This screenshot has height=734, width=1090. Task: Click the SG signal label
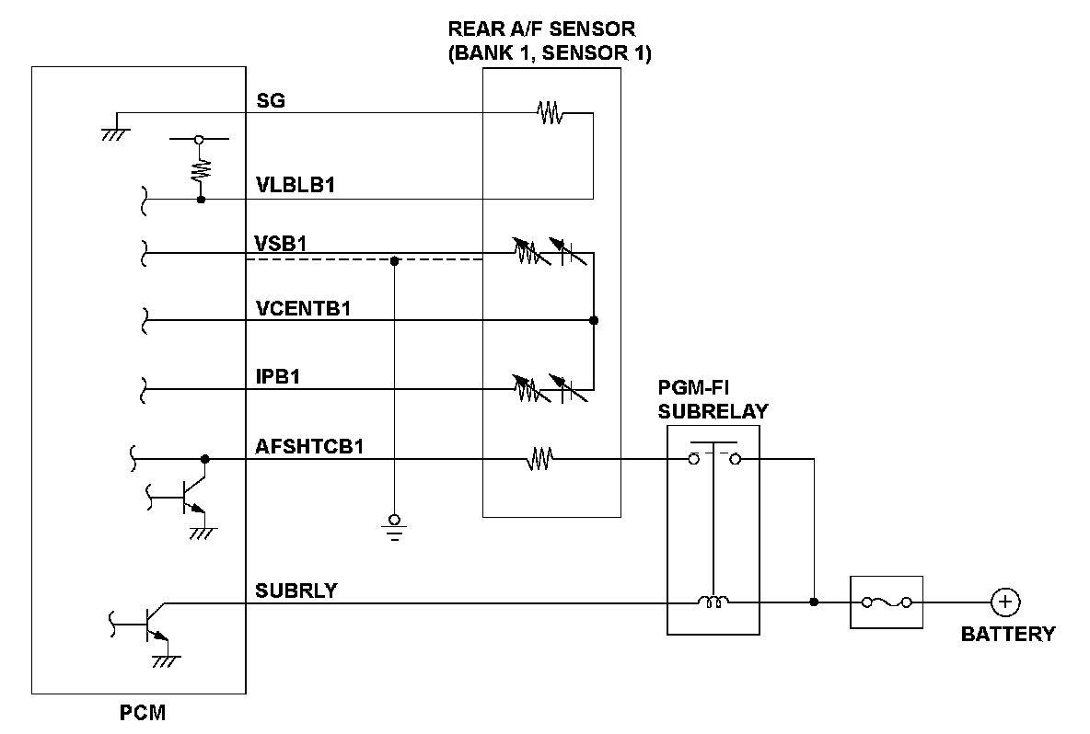tap(270, 100)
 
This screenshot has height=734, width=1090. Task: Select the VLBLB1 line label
tap(295, 186)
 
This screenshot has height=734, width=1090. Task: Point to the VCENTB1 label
tap(303, 308)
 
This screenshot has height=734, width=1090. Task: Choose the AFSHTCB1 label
tap(309, 447)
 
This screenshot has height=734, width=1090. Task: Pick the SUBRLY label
tap(296, 591)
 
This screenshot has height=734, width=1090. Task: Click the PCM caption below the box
tap(144, 713)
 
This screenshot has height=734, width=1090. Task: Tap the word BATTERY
tap(1008, 634)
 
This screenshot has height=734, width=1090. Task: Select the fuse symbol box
tap(886, 602)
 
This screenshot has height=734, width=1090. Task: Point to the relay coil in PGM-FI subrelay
tap(713, 602)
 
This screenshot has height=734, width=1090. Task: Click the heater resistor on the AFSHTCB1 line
tap(539, 458)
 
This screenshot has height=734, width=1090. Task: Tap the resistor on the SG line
tap(550, 114)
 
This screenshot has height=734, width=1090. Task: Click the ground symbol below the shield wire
tap(394, 527)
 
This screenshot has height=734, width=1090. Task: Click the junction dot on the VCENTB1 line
tap(594, 321)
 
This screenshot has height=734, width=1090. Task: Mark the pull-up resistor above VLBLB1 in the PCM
tap(200, 169)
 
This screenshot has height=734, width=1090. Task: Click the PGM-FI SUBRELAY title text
tap(713, 400)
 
